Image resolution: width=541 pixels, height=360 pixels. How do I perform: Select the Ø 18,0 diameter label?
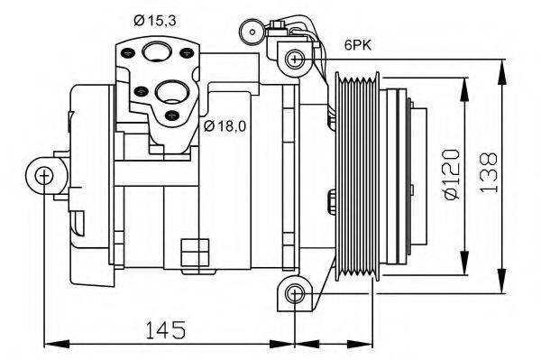tap(225, 125)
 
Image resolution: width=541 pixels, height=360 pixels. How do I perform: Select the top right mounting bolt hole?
tap(294, 60)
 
